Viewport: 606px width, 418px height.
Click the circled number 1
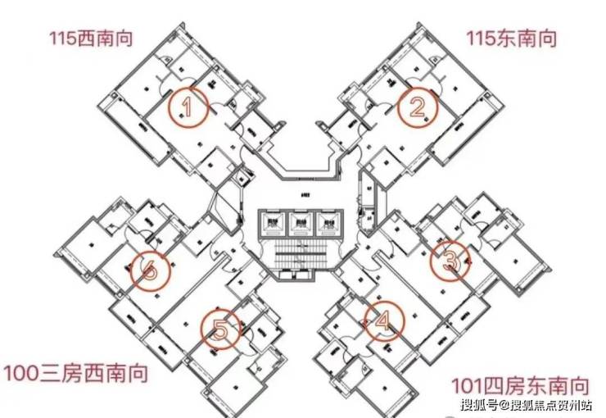tap(188, 107)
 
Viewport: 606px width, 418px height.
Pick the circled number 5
tap(220, 329)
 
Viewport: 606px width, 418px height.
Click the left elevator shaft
tap(273, 223)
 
